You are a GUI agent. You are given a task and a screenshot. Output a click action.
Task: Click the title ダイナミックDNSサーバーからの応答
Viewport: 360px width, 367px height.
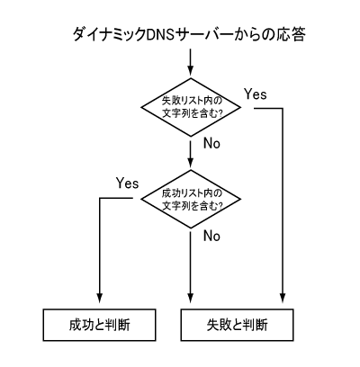[189, 34]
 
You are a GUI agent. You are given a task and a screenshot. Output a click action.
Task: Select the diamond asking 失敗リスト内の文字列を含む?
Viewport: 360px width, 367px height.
[191, 107]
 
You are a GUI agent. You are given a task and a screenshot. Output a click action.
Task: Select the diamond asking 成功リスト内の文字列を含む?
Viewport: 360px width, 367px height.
[191, 199]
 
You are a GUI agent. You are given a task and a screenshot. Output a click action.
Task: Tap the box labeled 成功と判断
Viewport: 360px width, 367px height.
[99, 325]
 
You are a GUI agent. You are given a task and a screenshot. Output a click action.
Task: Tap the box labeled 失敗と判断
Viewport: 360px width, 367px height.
[237, 325]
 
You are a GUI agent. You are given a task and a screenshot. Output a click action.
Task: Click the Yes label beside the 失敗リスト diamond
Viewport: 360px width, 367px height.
[256, 94]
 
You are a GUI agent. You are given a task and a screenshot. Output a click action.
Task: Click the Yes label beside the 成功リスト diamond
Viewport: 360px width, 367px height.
[128, 183]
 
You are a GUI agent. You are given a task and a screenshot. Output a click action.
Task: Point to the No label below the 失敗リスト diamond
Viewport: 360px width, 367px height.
[211, 143]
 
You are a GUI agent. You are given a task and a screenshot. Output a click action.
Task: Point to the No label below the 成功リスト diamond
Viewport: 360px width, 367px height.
[211, 236]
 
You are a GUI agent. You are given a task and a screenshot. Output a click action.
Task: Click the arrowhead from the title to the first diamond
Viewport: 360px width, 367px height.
[191, 71]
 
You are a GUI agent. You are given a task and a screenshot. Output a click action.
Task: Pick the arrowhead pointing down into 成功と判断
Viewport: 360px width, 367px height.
[99, 298]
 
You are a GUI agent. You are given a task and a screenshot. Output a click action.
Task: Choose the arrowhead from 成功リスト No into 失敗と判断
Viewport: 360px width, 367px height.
[191, 298]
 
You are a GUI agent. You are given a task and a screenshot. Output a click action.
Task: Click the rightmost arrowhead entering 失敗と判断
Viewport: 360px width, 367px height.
[283, 298]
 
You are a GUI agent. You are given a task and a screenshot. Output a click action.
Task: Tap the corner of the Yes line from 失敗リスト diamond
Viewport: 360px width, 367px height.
[283, 108]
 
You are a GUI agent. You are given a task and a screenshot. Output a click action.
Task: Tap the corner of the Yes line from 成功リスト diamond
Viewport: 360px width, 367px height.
[99, 198]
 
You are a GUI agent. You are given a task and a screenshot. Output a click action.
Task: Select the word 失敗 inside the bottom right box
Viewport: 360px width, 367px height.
[216, 325]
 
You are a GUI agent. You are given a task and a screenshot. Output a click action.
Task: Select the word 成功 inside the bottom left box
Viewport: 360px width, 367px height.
[78, 325]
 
